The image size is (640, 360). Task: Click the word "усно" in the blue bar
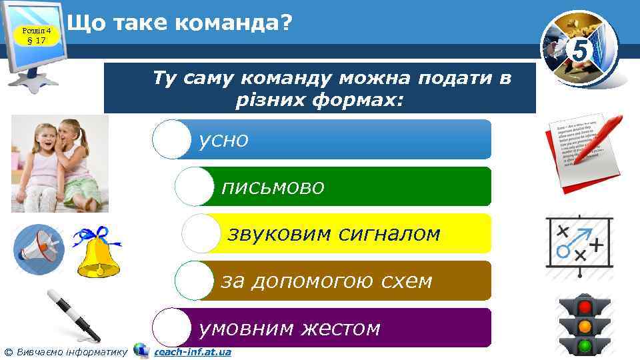(x=224, y=140)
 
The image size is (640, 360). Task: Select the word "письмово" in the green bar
(x=273, y=187)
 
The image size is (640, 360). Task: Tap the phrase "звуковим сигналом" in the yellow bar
(x=334, y=234)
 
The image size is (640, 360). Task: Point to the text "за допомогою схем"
(x=327, y=281)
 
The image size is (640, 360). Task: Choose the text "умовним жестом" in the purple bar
(x=290, y=328)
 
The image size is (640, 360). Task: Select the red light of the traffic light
(x=585, y=307)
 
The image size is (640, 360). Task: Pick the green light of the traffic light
(x=585, y=346)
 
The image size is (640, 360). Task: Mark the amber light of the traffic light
(x=585, y=327)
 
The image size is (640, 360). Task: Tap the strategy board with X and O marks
(x=579, y=245)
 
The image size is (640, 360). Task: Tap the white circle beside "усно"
(x=171, y=139)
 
